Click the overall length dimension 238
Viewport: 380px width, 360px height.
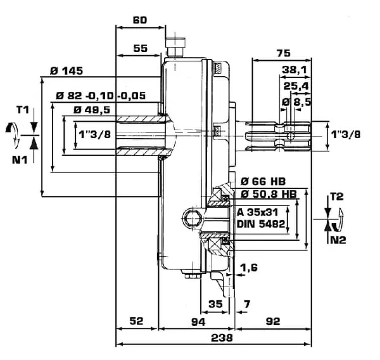point(222,338)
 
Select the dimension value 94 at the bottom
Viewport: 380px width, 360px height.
point(198,322)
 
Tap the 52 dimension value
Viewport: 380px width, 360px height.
point(136,321)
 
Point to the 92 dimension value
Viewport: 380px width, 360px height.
point(273,321)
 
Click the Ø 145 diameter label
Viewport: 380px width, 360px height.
point(66,71)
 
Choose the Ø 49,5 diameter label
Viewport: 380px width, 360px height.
point(92,110)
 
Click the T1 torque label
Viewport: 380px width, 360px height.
point(23,110)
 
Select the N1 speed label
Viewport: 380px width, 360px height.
point(20,160)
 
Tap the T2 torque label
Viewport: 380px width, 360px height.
point(337,196)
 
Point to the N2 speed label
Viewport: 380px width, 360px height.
point(338,240)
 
